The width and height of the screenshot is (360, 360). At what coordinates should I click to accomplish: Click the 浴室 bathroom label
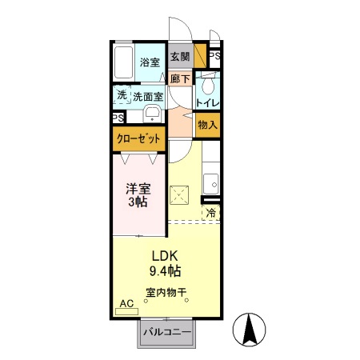pyautogui.click(x=150, y=62)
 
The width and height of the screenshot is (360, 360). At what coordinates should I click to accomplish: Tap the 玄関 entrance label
pyautogui.click(x=180, y=57)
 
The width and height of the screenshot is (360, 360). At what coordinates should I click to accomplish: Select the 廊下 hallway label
pyautogui.click(x=180, y=78)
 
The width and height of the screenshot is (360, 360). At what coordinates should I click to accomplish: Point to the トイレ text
pyautogui.click(x=208, y=102)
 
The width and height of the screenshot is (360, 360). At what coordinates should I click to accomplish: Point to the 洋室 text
pyautogui.click(x=137, y=190)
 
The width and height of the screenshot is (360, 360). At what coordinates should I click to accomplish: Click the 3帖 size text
pyautogui.click(x=137, y=204)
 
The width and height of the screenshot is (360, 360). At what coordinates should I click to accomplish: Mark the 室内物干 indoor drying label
pyautogui.click(x=166, y=293)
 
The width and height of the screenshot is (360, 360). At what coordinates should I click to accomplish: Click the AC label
pyautogui.click(x=126, y=304)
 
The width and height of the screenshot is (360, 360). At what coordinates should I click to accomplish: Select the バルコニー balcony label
pyautogui.click(x=166, y=331)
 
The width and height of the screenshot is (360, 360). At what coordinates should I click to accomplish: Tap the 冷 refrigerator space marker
pyautogui.click(x=211, y=213)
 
